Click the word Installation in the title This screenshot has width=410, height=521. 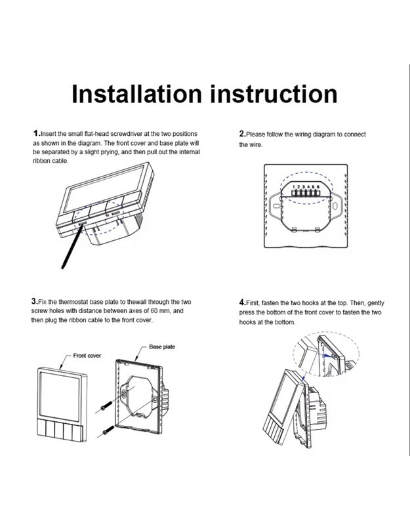pyautogui.click(x=137, y=94)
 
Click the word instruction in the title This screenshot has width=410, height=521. pyautogui.click(x=274, y=94)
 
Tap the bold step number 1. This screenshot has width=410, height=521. pyautogui.click(x=35, y=134)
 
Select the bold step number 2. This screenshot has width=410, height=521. pyautogui.click(x=241, y=134)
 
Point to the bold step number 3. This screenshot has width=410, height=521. pyautogui.click(x=34, y=301)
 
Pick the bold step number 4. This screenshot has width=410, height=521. pyautogui.click(x=241, y=302)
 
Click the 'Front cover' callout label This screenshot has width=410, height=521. pyautogui.click(x=87, y=356)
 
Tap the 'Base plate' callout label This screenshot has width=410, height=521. pyautogui.click(x=162, y=346)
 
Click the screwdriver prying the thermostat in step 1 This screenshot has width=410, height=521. pyautogui.click(x=72, y=246)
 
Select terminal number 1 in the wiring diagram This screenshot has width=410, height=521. pyautogui.click(x=294, y=187)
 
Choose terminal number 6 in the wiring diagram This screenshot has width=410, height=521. pyautogui.click(x=318, y=187)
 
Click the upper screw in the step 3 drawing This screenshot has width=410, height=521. pyautogui.click(x=106, y=406)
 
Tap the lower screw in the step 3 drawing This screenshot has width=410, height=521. pyautogui.click(x=109, y=430)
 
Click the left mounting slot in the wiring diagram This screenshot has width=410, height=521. pyautogui.click(x=276, y=206)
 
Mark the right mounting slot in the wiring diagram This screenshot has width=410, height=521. pyautogui.click(x=335, y=206)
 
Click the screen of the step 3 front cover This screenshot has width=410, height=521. pyautogui.click(x=60, y=396)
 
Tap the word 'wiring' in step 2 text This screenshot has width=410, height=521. pyautogui.click(x=302, y=135)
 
